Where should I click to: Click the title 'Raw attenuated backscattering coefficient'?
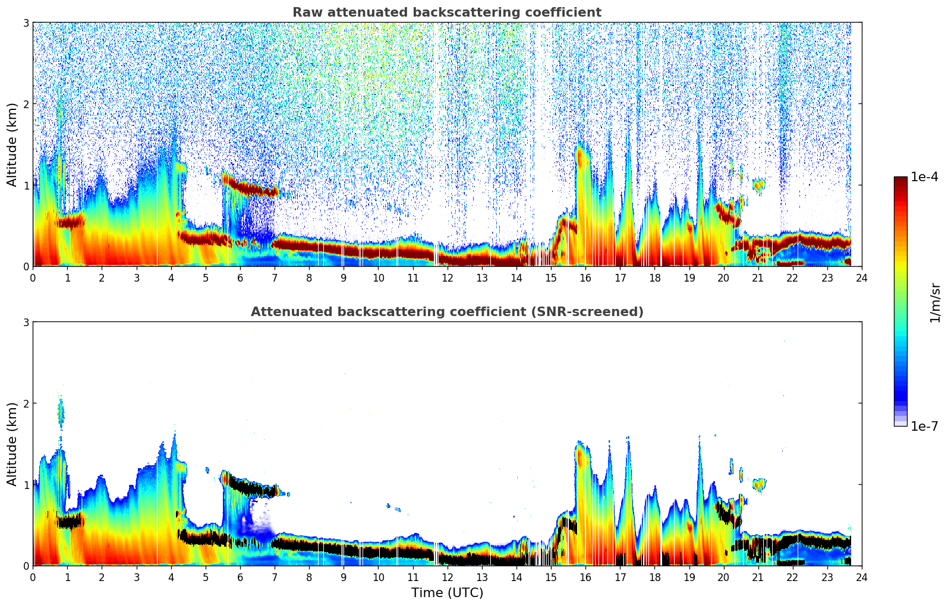(446, 12)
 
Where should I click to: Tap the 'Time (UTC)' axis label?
(447, 592)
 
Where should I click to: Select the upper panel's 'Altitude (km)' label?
(12, 144)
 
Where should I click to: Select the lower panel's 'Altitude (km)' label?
(12, 444)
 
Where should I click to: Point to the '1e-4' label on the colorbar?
(924, 177)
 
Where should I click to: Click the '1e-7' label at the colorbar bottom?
(924, 426)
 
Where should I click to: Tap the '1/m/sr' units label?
(935, 303)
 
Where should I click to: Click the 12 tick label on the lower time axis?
(447, 577)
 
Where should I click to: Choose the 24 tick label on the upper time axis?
(861, 278)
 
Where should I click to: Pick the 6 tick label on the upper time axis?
(240, 278)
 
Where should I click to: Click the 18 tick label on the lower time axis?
(654, 577)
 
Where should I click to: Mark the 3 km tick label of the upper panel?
(26, 23)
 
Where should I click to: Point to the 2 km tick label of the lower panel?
(26, 403)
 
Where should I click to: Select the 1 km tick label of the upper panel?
(26, 185)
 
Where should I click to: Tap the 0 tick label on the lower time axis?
(33, 577)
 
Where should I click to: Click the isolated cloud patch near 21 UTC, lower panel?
(758, 485)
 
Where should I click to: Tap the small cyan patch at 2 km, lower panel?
(61, 412)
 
